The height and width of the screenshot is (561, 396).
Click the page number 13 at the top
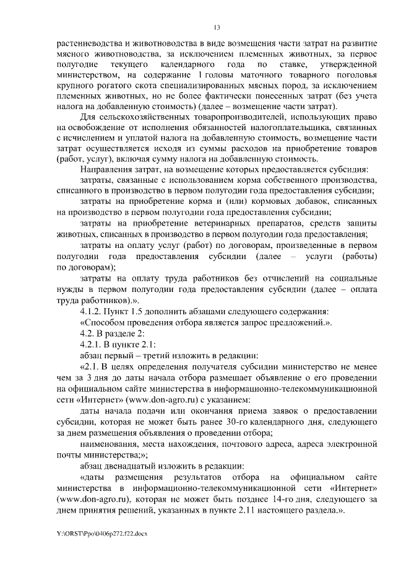(x=217, y=27)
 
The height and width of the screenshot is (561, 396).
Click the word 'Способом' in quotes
(x=106, y=321)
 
